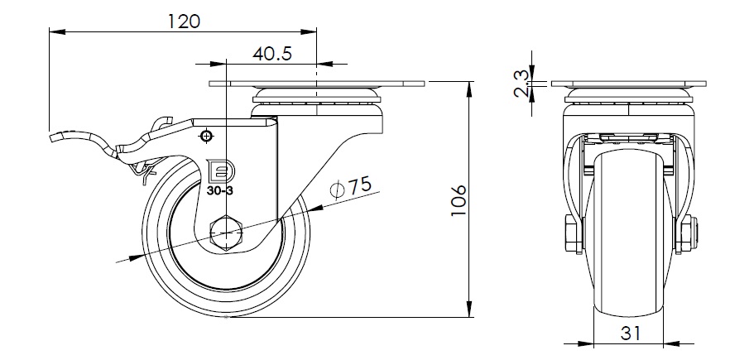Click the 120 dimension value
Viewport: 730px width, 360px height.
[184, 22]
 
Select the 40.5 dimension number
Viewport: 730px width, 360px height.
[272, 54]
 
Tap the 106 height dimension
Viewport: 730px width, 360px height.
[459, 200]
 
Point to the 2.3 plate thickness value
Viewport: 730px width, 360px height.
[521, 84]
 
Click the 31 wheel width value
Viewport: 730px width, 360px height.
[631, 333]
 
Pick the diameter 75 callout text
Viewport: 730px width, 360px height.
[351, 186]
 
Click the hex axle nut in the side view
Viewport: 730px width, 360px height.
[226, 233]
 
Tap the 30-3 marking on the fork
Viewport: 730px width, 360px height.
[220, 190]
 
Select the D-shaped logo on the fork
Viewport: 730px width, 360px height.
[220, 171]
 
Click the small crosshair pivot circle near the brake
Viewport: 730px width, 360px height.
[206, 136]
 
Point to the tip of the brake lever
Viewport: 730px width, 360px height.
[50, 138]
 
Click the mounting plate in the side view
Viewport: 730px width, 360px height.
[316, 84]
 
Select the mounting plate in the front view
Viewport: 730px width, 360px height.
[628, 84]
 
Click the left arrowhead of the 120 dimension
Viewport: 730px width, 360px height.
[57, 31]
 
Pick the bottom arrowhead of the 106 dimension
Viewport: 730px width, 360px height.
[470, 310]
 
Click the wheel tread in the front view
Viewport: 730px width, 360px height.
[628, 233]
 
